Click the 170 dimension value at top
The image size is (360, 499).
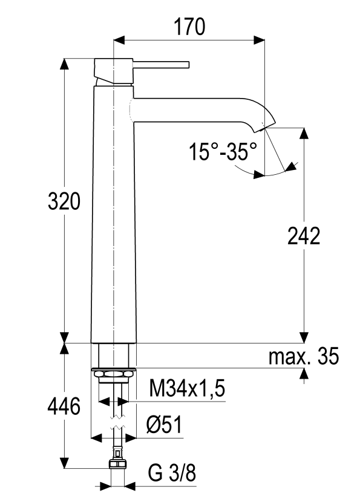pos(189,27)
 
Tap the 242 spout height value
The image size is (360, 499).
pos(303,237)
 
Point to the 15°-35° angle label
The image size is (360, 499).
pos(221,151)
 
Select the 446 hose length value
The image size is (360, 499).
pos(64,407)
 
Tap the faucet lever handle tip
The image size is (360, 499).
pos(188,65)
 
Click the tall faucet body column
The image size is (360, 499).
pos(114,212)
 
